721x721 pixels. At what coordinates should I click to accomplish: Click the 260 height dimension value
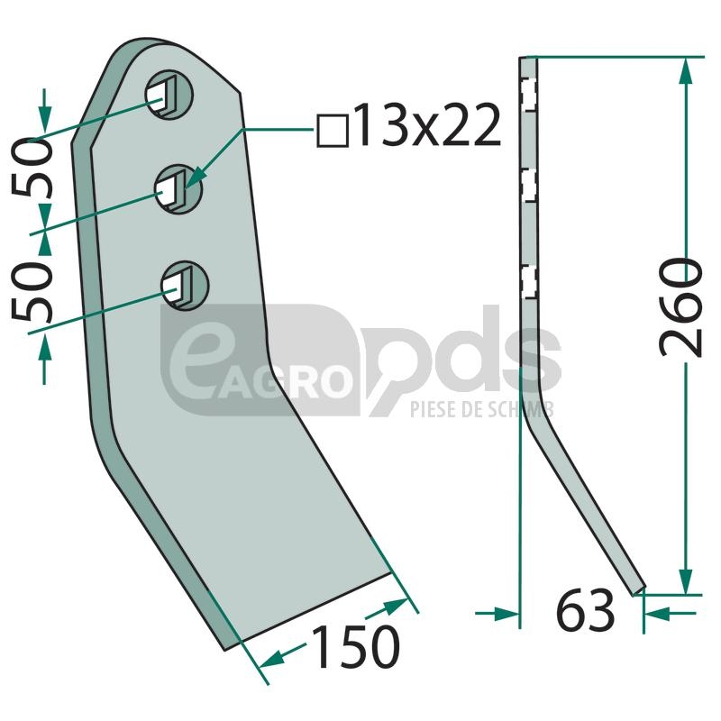click(x=681, y=307)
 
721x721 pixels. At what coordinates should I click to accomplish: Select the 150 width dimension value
click(x=355, y=646)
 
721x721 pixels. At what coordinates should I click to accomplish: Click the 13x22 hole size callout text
click(x=426, y=125)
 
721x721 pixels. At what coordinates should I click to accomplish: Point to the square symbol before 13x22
click(x=333, y=132)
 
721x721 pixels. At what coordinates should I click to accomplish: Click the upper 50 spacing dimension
click(x=33, y=168)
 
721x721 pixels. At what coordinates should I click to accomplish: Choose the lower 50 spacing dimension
click(x=32, y=291)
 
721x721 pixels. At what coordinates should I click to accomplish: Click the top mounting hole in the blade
click(x=169, y=96)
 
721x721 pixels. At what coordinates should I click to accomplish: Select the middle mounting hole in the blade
click(x=178, y=189)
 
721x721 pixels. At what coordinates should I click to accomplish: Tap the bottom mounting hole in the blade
click(x=185, y=286)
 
